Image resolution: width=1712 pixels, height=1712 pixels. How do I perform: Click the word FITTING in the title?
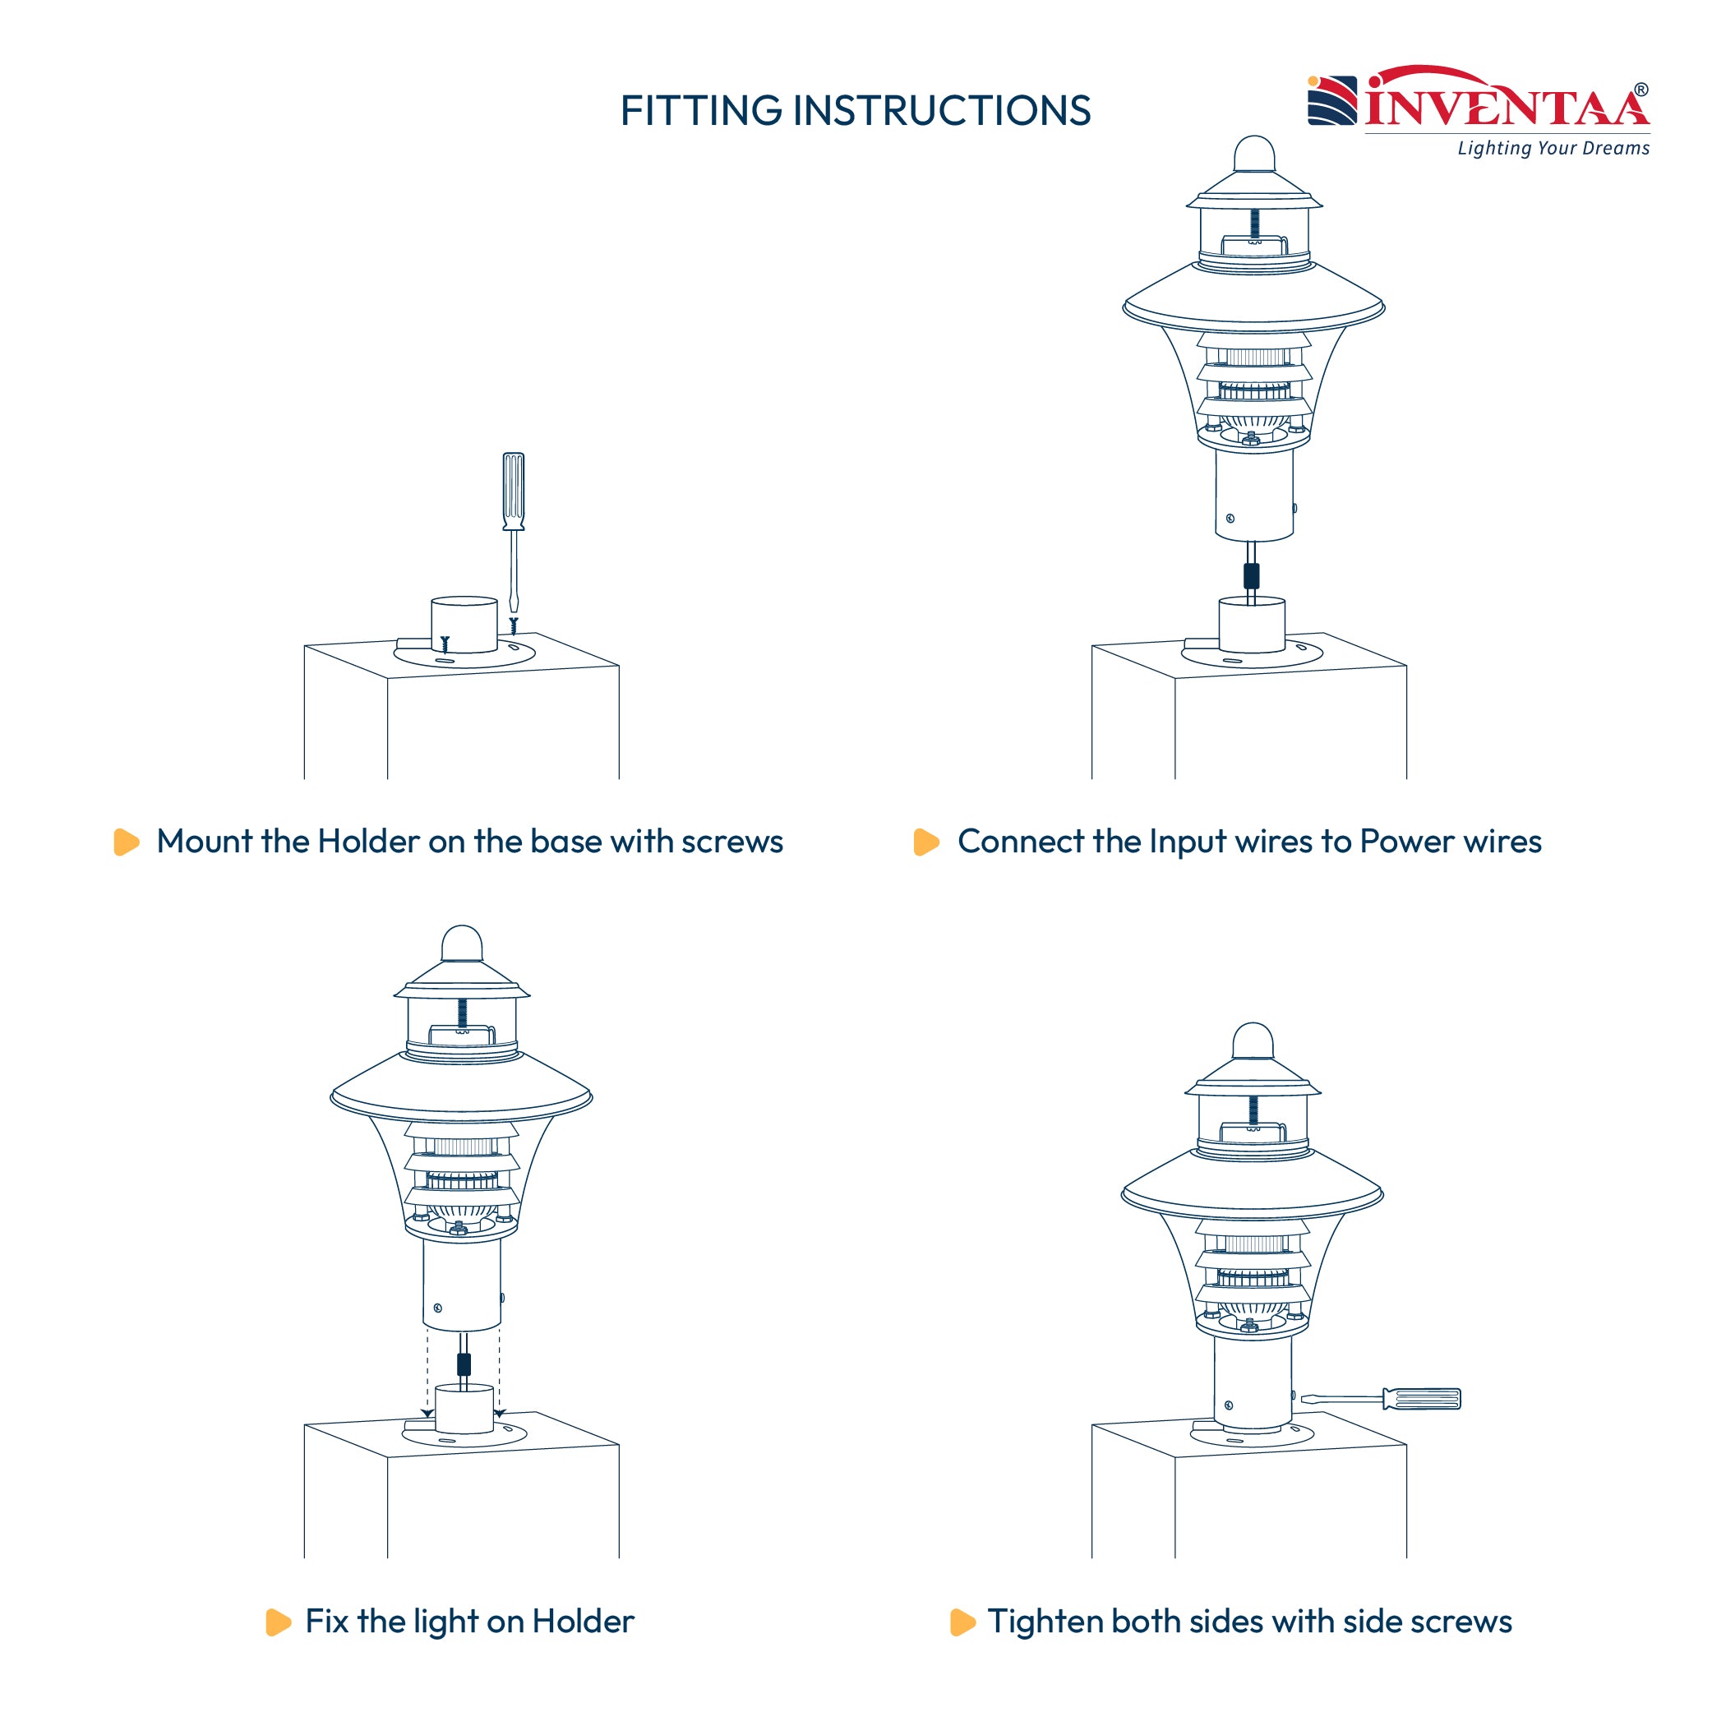(x=701, y=111)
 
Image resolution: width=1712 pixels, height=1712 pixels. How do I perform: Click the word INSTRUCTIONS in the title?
(x=942, y=111)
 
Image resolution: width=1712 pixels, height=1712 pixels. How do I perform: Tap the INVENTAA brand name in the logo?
(x=1507, y=104)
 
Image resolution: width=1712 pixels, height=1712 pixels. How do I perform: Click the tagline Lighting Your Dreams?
(x=1553, y=148)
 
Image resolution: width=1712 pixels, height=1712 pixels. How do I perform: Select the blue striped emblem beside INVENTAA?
(x=1331, y=100)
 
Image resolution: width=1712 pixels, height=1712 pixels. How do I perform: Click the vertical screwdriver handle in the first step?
(x=513, y=491)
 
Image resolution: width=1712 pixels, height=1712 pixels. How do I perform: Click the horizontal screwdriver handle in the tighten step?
(x=1421, y=1399)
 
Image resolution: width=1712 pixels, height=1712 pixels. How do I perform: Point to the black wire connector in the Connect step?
(x=1251, y=576)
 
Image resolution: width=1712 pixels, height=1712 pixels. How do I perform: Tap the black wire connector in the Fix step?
(x=464, y=1364)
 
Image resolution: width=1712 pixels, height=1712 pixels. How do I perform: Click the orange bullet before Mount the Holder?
(x=127, y=842)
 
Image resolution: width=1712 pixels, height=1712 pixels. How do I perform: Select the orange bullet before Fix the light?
(x=279, y=1622)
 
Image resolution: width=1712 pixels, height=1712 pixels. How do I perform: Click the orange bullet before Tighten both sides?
(x=962, y=1622)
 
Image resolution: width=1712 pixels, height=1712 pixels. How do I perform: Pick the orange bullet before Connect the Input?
(x=926, y=842)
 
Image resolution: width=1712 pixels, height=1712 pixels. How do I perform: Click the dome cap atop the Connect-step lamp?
(x=1255, y=154)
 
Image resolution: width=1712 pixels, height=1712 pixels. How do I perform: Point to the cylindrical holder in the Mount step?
(x=464, y=624)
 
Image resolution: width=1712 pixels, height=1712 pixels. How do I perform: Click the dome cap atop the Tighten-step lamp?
(x=1253, y=1041)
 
